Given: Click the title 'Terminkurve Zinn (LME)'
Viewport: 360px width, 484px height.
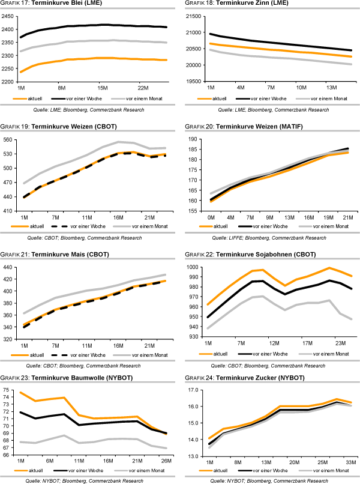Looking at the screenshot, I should coord(251,4).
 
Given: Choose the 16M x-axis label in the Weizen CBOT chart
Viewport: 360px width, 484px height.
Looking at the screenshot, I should coord(119,217).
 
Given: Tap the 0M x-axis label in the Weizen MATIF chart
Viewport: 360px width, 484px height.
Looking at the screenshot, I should coord(210,217).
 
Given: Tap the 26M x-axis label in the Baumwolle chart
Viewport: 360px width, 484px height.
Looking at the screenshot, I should coord(166,461).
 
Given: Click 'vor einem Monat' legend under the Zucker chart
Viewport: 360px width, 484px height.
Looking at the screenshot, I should coord(324,471).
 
